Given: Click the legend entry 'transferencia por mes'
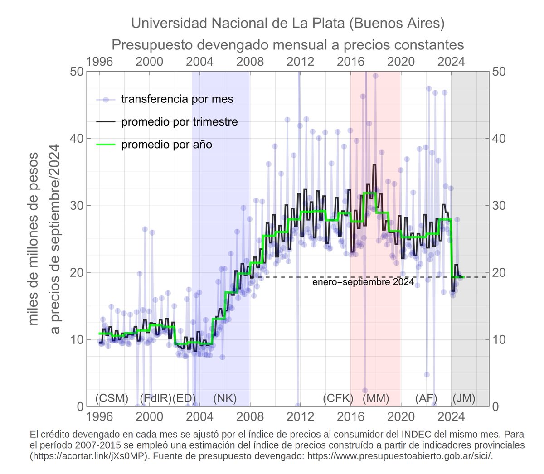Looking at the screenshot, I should tap(177, 99).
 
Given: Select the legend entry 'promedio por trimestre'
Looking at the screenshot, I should tap(179, 122).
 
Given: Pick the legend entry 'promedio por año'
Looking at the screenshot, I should tap(166, 145).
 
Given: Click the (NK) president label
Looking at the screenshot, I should tap(225, 398).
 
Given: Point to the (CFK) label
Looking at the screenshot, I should tap(338, 398).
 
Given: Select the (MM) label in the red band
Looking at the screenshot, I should tap(376, 398).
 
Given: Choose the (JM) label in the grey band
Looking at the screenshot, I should tap(464, 398).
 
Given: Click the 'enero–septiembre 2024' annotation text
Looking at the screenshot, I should tap(363, 282).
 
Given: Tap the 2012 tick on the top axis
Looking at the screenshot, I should tap(300, 61).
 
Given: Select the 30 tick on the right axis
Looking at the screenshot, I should tap(498, 206).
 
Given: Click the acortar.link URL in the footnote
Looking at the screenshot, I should tap(89, 456).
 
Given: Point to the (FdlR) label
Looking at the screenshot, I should tap(155, 398).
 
